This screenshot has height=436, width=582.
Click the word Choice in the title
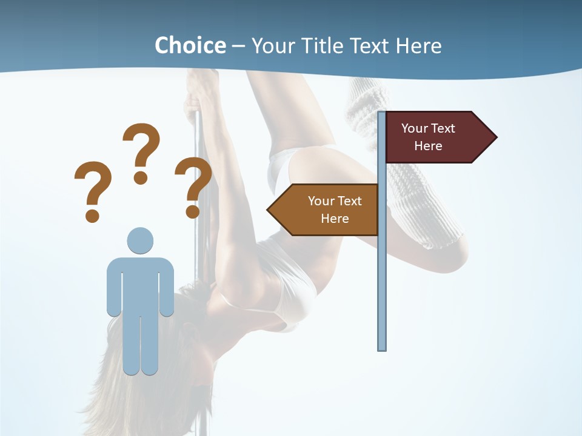coord(190,45)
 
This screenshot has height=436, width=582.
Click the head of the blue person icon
coord(140,241)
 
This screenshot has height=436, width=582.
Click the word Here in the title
coord(418,45)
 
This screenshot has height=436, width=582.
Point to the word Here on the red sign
coord(428,146)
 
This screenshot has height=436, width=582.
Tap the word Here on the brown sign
coord(335,219)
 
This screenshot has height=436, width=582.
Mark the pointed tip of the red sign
coord(495,137)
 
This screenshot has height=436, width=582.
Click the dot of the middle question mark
coord(141,177)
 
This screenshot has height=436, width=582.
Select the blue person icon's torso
coord(140,285)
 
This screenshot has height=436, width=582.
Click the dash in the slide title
coord(238,47)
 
